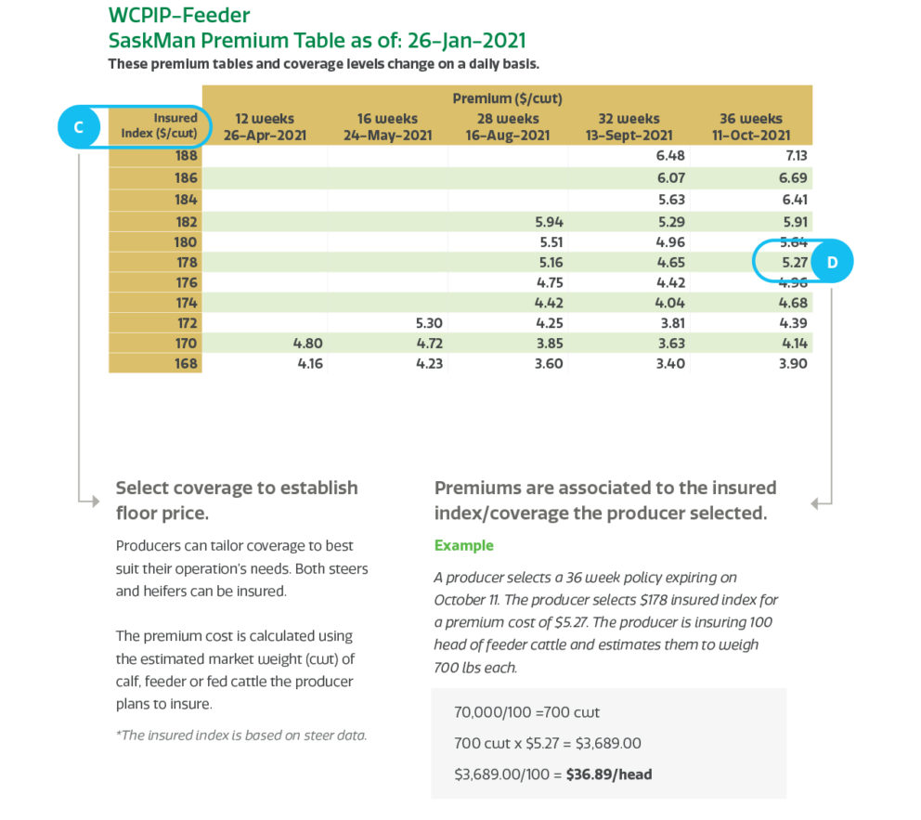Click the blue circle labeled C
pyautogui.click(x=79, y=127)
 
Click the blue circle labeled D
pyautogui.click(x=832, y=263)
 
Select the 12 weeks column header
pyautogui.click(x=265, y=126)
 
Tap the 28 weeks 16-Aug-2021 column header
pyautogui.click(x=508, y=126)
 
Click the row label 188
pyautogui.click(x=186, y=156)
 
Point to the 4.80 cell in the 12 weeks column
pyautogui.click(x=306, y=343)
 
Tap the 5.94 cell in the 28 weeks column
pyautogui.click(x=549, y=222)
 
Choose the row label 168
pyautogui.click(x=186, y=363)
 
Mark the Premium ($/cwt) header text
pyautogui.click(x=507, y=98)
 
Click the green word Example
pyautogui.click(x=464, y=545)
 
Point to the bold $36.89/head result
pyautogui.click(x=609, y=773)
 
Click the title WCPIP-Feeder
pyautogui.click(x=179, y=15)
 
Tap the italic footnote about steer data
pyautogui.click(x=241, y=735)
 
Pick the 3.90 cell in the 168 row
pyautogui.click(x=792, y=363)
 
